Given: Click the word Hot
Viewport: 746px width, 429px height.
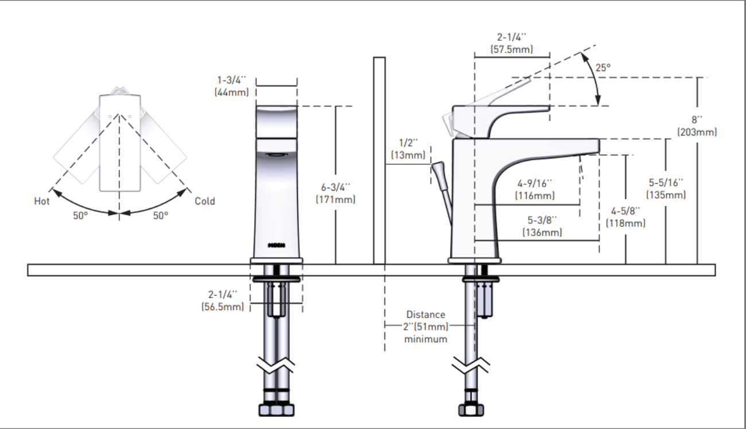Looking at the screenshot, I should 42,201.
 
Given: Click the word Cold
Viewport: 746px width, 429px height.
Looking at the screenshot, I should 205,201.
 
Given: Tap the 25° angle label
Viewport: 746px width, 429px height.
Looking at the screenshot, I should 603,67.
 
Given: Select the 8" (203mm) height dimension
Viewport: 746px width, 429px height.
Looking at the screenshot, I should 697,126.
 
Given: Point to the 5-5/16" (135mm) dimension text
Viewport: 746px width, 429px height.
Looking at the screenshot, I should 666,188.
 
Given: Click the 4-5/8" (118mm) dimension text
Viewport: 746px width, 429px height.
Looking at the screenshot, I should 625,217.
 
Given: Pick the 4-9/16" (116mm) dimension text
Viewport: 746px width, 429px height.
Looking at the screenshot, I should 535,190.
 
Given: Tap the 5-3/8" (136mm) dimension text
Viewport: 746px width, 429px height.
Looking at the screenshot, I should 542,226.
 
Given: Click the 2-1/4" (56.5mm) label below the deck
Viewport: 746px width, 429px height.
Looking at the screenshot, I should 223,300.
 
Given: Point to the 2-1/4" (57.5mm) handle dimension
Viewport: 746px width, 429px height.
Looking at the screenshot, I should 512,43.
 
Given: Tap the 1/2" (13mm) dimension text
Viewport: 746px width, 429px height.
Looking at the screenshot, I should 409,149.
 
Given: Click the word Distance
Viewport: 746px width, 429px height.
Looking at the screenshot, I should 425,315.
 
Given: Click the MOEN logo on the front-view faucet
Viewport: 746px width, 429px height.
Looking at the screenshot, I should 276,245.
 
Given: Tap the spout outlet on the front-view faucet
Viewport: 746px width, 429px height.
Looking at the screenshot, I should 275,155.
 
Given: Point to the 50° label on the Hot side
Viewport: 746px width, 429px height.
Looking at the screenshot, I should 80,216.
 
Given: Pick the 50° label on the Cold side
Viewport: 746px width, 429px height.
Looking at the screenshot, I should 160,216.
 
